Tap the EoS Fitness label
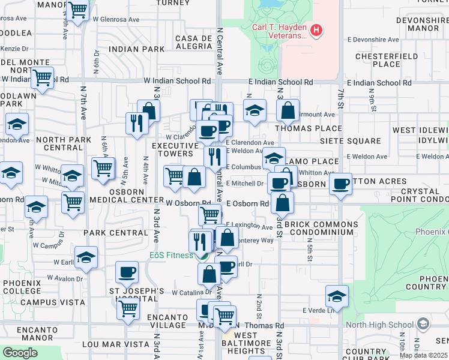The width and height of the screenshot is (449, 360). pos(171,255)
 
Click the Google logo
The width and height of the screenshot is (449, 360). pos(20,352)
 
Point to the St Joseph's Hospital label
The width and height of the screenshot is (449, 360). pos(136,295)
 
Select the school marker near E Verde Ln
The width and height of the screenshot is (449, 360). pos(337,296)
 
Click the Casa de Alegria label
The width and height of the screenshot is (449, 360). pos(193,42)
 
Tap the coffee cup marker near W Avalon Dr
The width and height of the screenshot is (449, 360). pos(126,272)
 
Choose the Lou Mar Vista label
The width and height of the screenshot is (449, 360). pos(115,344)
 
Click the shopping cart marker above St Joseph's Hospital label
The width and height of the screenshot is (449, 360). pos(128,308)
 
